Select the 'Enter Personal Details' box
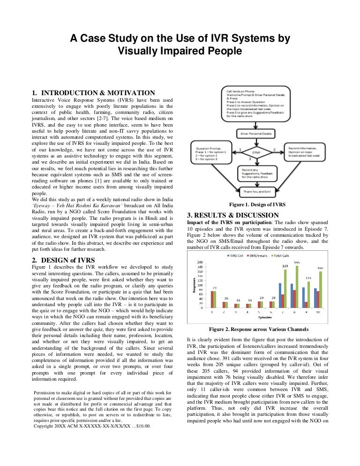point(255,134)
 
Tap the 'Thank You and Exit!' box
point(256,191)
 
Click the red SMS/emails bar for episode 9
point(306,304)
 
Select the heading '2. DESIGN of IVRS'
point(63,260)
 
